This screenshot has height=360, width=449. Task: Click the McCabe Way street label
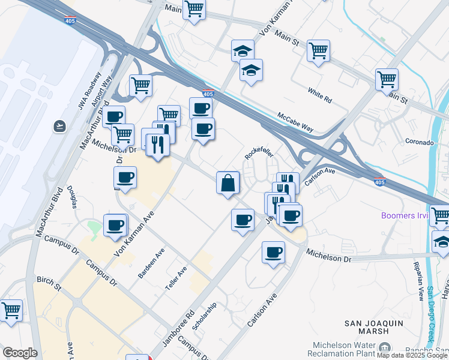(295, 122)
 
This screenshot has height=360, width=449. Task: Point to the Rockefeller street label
(259, 154)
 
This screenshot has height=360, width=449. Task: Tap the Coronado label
(419, 143)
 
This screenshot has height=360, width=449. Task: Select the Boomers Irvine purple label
(406, 215)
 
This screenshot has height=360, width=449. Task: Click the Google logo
(20, 352)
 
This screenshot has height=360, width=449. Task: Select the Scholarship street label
(204, 316)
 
